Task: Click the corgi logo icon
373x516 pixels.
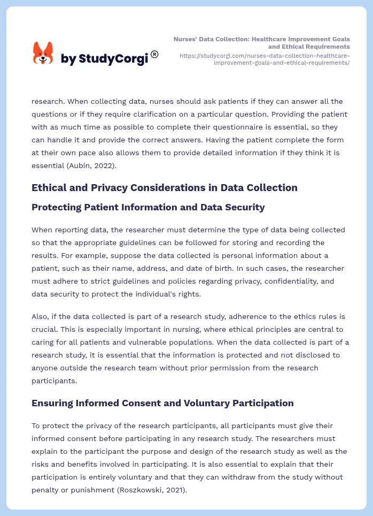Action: click(x=43, y=53)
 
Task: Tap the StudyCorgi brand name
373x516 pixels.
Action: click(x=104, y=59)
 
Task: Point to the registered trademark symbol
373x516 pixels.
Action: click(x=154, y=54)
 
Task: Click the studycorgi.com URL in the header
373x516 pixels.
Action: click(x=265, y=59)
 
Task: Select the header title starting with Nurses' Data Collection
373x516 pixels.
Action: click(x=262, y=43)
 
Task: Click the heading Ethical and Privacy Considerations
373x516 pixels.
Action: click(x=164, y=187)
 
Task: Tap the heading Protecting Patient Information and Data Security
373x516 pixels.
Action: click(x=148, y=207)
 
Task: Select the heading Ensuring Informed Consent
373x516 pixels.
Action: click(x=162, y=403)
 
